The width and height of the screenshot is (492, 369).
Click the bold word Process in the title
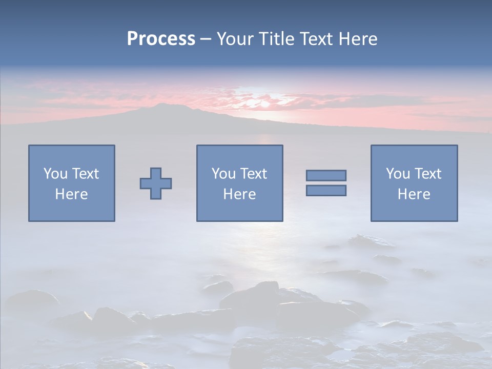(161, 39)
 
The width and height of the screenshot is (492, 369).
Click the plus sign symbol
(156, 183)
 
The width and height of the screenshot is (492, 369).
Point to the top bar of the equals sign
(326, 175)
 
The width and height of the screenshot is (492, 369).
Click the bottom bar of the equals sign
(326, 190)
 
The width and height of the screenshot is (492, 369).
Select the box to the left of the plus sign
(72, 183)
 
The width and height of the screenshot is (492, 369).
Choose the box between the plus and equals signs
(239, 183)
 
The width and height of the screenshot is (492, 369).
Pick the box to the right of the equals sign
(414, 183)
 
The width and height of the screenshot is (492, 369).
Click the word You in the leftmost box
(55, 174)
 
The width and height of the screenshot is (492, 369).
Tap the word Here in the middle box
(239, 194)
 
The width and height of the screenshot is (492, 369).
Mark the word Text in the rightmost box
(428, 174)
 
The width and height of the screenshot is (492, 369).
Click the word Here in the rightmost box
(414, 194)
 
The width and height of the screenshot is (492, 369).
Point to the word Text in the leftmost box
(85, 174)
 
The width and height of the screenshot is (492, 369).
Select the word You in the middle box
(223, 174)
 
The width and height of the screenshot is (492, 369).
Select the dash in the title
(206, 39)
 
